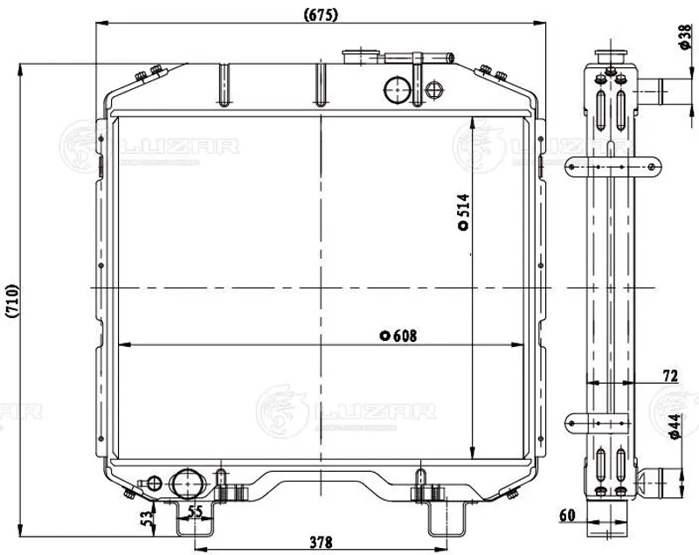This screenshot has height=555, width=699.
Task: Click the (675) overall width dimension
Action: click(x=321, y=15)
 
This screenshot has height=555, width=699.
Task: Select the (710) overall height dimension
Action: click(x=12, y=301)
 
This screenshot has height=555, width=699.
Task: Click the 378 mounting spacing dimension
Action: click(x=321, y=542)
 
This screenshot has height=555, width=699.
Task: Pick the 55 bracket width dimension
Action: click(x=195, y=512)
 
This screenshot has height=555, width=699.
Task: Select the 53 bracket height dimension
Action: click(x=147, y=518)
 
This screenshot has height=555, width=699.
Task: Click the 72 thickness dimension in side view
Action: click(x=670, y=376)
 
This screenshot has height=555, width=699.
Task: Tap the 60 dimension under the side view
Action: click(x=567, y=516)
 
